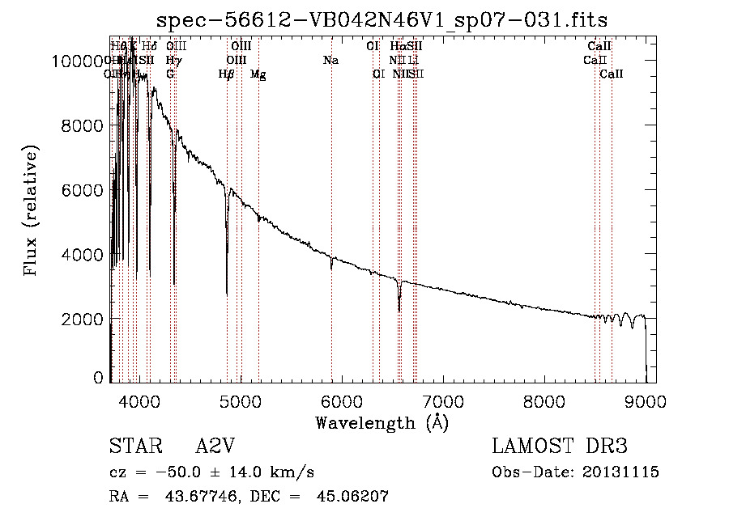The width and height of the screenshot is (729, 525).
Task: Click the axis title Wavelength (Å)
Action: tap(382, 422)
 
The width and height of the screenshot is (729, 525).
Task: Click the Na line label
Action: tap(330, 60)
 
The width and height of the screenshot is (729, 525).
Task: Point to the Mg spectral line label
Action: tap(258, 74)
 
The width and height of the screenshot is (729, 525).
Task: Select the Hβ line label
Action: tap(227, 74)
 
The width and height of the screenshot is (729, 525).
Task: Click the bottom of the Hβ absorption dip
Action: tap(227, 293)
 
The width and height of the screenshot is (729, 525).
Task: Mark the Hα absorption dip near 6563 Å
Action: tap(399, 310)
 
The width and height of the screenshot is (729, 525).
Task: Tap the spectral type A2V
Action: tap(215, 447)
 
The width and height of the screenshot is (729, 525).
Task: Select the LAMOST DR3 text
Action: tap(559, 447)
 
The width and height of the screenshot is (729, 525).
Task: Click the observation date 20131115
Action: tap(625, 472)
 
